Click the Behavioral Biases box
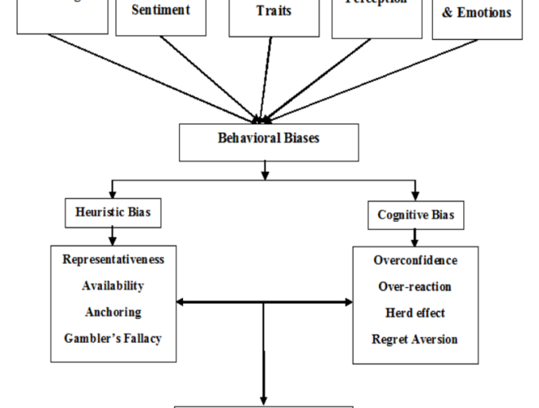[269, 140]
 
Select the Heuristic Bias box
[112, 212]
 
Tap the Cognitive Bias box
[415, 215]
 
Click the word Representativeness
[112, 259]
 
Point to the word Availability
[113, 286]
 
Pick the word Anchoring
[113, 312]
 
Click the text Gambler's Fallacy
[113, 338]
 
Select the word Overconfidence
[415, 261]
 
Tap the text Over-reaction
[415, 287]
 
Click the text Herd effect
[415, 313]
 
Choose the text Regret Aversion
[415, 339]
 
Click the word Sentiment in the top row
[161, 11]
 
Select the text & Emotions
[477, 13]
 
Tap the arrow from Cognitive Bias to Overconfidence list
[415, 237]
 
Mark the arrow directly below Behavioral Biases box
[265, 169]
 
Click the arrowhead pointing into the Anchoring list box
[180, 303]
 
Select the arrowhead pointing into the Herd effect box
[349, 303]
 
